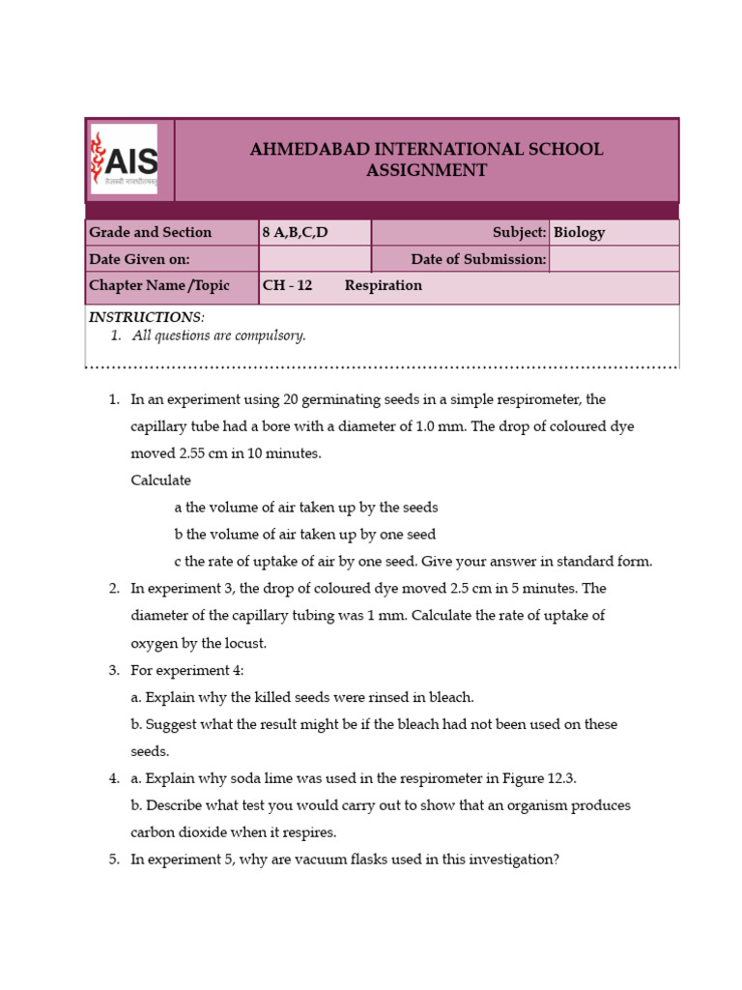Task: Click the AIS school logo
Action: (x=124, y=159)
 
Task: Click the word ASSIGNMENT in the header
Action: (x=426, y=171)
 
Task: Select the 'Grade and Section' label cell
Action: (x=150, y=232)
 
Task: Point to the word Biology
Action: (x=580, y=232)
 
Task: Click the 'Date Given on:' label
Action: (x=139, y=259)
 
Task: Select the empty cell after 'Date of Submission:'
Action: (x=614, y=259)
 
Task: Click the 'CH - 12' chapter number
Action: (x=288, y=286)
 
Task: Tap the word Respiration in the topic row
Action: (x=384, y=286)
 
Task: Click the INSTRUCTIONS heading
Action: (x=146, y=317)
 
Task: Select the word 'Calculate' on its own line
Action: (x=160, y=480)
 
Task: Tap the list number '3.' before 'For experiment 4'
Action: (x=113, y=670)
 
